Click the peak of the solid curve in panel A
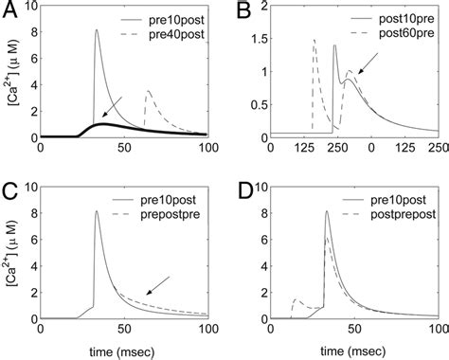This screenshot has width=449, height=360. coord(97,30)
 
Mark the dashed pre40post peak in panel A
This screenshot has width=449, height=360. coord(148,91)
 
